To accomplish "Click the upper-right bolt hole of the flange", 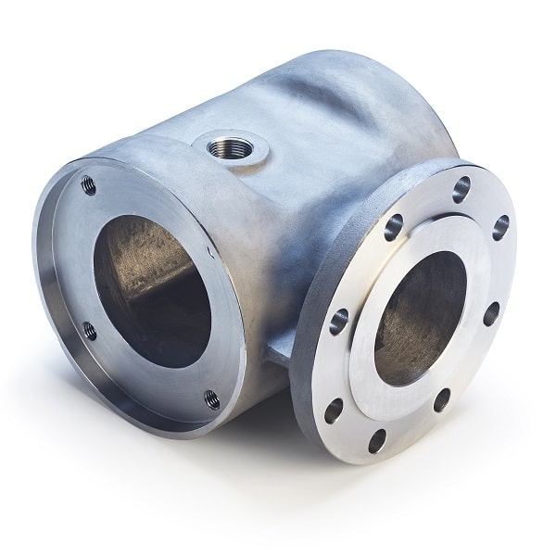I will point(500,222).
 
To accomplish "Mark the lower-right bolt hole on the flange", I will point(441,398).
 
